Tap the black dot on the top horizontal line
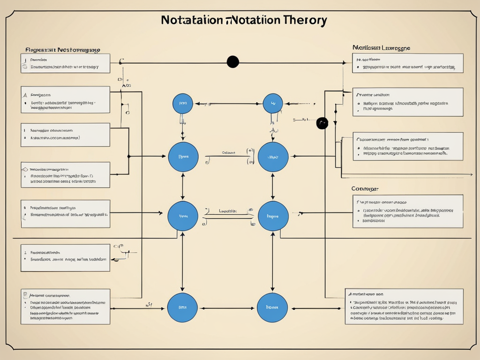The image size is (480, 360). tap(232, 62)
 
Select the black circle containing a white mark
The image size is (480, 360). tap(322, 123)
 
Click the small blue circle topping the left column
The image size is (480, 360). tap(183, 104)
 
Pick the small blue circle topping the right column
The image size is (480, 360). tap(273, 104)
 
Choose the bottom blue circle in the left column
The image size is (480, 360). tap(183, 307)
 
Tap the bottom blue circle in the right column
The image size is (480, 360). tap(273, 307)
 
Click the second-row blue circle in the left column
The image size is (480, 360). tap(183, 157)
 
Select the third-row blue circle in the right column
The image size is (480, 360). tap(273, 216)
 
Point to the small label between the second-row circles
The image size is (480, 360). tap(228, 152)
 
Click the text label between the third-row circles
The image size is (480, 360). tap(228, 211)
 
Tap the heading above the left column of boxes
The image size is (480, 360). tap(62, 49)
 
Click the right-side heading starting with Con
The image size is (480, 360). tap(365, 188)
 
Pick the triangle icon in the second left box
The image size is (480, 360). tap(25, 95)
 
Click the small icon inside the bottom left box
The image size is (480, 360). tap(25, 295)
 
